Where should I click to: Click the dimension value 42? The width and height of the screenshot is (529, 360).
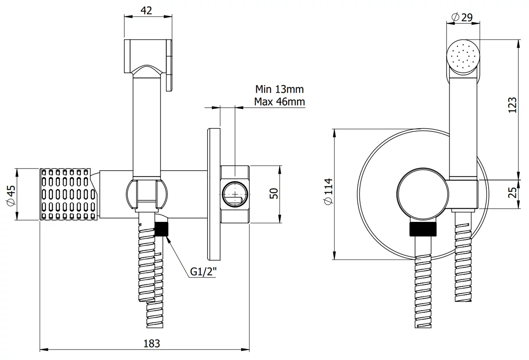pyautogui.click(x=148, y=11)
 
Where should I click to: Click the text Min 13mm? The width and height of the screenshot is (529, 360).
pyautogui.click(x=279, y=89)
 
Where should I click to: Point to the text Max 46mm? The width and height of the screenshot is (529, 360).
pyautogui.click(x=279, y=102)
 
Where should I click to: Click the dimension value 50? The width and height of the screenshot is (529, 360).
pyautogui.click(x=274, y=193)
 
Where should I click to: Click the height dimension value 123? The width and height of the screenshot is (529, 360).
pyautogui.click(x=512, y=105)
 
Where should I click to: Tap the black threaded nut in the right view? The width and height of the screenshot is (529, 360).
pyautogui.click(x=423, y=230)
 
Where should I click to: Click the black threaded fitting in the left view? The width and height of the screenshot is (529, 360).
pyautogui.click(x=162, y=229)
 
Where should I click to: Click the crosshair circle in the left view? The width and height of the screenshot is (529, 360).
pyautogui.click(x=235, y=194)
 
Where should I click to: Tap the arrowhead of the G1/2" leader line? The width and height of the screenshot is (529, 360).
pyautogui.click(x=166, y=237)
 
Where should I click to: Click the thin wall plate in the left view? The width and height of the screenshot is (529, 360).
pyautogui.click(x=213, y=194)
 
